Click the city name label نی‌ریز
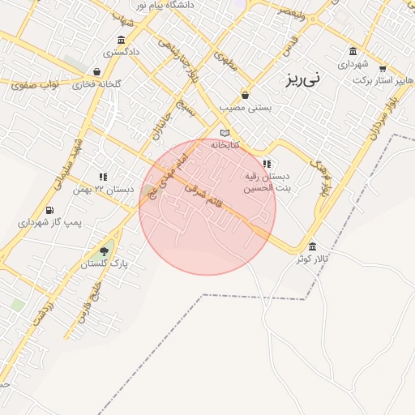tap(303, 79)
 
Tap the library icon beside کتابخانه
tap(225, 133)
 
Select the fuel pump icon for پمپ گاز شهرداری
tap(50, 211)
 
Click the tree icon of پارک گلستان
tap(104, 250)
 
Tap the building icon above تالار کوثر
tap(313, 246)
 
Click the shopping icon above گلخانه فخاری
tap(96, 71)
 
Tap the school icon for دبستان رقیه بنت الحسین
tap(267, 164)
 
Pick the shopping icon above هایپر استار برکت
tap(383, 69)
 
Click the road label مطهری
tap(227, 62)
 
